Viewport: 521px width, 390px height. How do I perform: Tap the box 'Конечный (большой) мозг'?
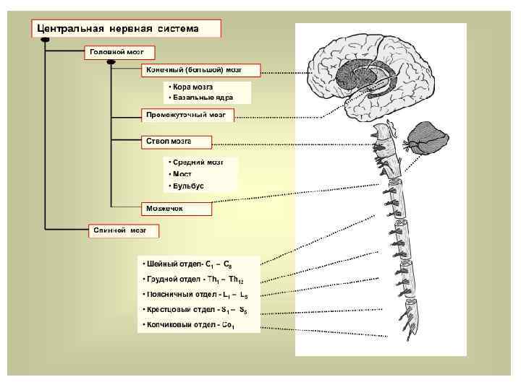192,71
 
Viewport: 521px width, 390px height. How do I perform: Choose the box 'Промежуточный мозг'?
186,115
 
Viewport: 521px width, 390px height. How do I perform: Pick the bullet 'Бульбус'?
187,186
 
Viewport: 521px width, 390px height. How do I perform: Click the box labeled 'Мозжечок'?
166,208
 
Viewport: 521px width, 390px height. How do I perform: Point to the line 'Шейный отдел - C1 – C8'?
187,264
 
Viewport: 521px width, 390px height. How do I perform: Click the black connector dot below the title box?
45,41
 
